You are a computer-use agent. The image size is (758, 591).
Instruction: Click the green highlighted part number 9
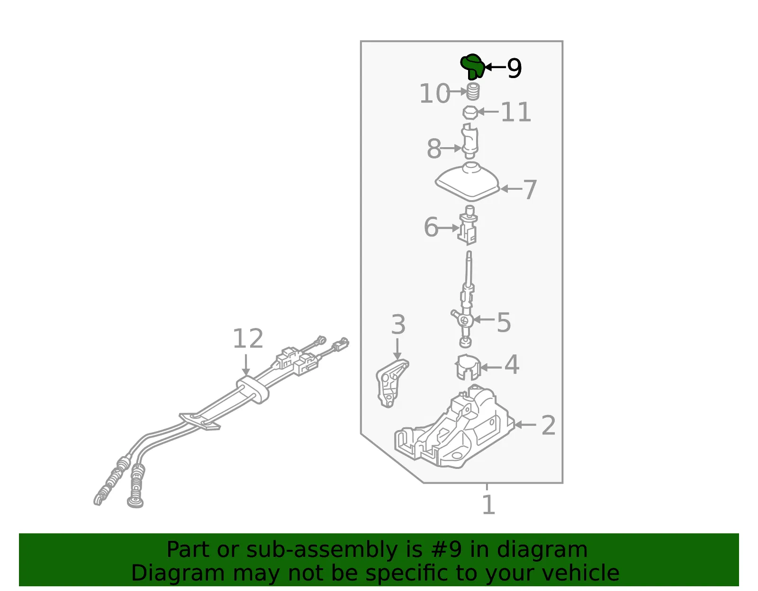[472, 66]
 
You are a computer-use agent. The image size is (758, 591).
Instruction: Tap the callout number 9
[514, 68]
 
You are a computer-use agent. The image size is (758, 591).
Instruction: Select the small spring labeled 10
[473, 92]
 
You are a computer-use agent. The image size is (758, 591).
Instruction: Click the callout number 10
[435, 93]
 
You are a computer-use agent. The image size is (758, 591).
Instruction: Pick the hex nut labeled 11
[470, 113]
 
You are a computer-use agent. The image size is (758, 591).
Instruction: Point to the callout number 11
[516, 112]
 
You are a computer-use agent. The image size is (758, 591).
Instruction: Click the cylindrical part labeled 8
[469, 141]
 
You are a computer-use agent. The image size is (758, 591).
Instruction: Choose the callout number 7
[530, 190]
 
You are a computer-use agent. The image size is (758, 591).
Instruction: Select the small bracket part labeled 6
[468, 226]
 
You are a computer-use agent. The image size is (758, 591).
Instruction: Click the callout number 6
[431, 227]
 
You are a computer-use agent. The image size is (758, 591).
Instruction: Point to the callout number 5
[504, 322]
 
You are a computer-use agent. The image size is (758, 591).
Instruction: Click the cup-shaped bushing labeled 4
[468, 367]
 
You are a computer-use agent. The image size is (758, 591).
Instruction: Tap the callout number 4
[512, 365]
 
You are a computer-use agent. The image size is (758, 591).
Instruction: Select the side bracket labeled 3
[392, 383]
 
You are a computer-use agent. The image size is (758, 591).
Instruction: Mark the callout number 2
[548, 425]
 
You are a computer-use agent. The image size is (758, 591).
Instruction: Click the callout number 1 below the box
[488, 505]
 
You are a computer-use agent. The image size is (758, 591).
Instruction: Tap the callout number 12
[248, 338]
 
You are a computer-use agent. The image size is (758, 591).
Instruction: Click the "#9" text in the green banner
[446, 550]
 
